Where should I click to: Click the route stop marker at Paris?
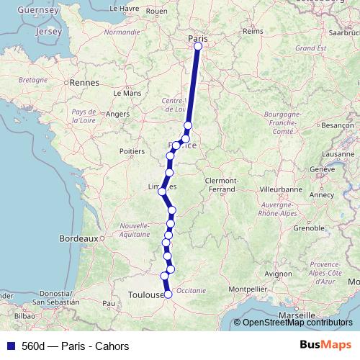[197, 47]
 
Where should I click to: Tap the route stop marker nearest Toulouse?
[168, 294]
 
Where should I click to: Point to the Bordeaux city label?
[78, 238]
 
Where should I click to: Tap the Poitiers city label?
[132, 151]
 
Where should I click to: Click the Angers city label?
[117, 114]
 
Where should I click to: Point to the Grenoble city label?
[309, 228]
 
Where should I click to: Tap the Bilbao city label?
[24, 315]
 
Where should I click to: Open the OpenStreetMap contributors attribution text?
[297, 323]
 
